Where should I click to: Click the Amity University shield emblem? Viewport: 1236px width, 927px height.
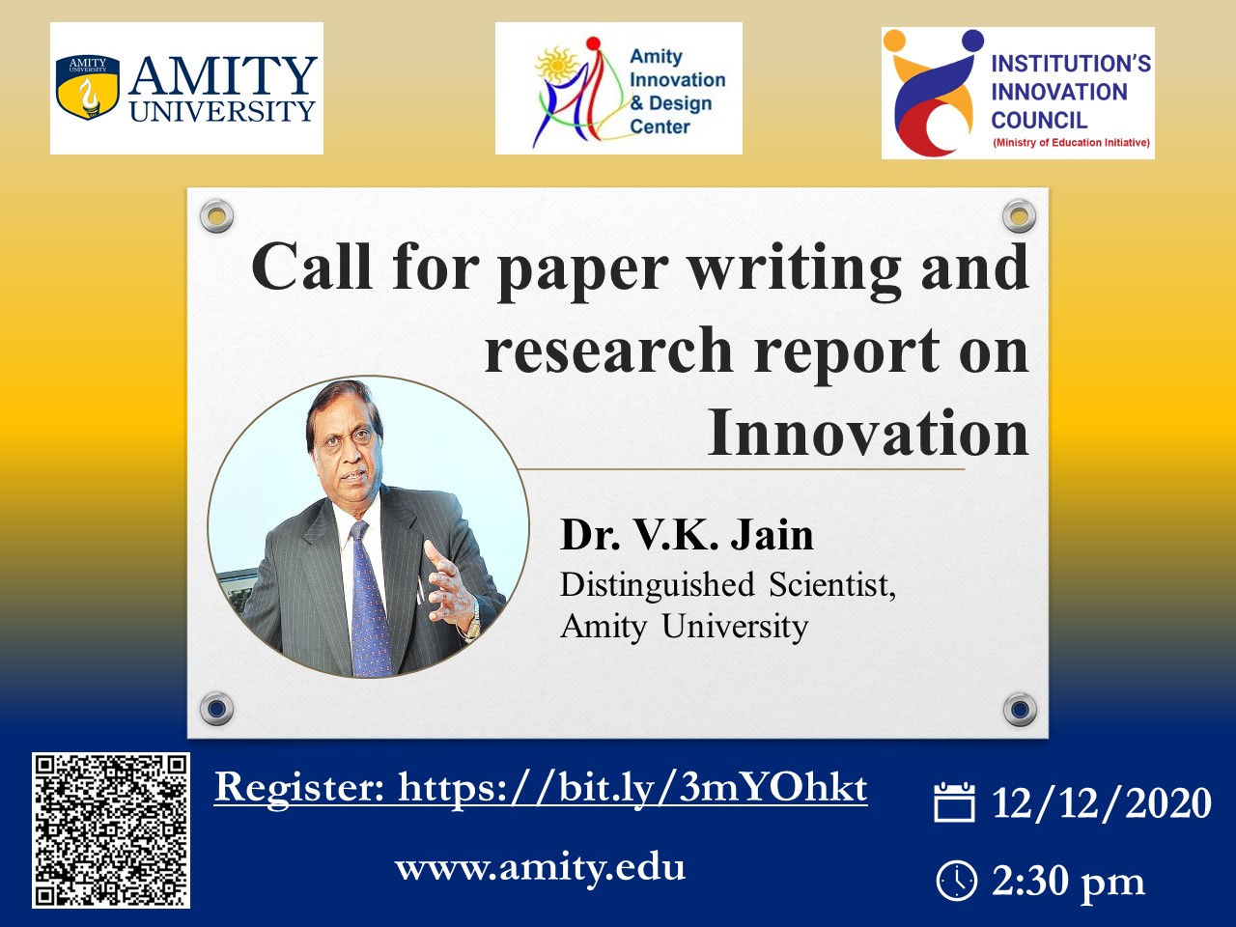point(87,87)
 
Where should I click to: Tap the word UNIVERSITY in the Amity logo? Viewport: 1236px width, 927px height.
point(222,111)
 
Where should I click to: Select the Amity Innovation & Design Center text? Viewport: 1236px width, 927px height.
point(678,92)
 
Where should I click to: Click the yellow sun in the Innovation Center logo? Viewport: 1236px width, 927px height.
point(557,64)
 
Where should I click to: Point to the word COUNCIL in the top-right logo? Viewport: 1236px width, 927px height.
point(1039,120)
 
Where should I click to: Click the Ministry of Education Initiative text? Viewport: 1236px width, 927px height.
point(1071,142)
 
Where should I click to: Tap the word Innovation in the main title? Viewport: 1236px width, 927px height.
point(868,433)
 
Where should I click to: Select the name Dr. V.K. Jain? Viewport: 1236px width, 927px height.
point(687,535)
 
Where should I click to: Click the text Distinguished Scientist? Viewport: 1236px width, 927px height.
point(727,585)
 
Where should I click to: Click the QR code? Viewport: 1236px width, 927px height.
point(111,830)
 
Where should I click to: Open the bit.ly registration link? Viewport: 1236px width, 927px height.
point(541,787)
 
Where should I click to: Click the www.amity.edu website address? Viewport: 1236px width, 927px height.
point(540,867)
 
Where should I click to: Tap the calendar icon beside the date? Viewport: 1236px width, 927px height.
point(954,802)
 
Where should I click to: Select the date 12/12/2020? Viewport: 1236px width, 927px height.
point(1102,802)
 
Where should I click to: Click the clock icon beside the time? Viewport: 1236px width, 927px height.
point(956,881)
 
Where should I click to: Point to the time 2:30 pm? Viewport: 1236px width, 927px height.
point(1068,881)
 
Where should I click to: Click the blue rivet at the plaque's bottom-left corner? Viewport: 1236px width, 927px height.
point(217,709)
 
